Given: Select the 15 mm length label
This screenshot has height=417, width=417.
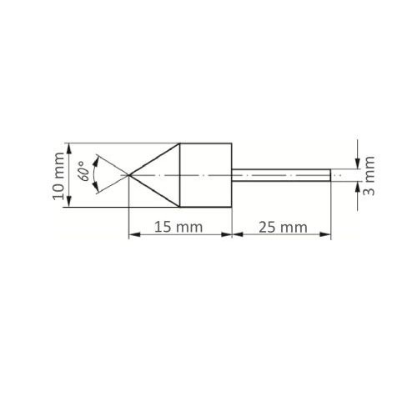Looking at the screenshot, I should tap(178, 226).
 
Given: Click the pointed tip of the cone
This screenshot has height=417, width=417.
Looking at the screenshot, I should tap(128, 174).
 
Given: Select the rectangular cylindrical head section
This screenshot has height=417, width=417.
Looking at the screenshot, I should tap(206, 174).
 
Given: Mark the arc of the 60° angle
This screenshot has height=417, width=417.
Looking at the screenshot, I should tap(98, 174).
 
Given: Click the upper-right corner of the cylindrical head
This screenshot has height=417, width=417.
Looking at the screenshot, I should tap(231, 142).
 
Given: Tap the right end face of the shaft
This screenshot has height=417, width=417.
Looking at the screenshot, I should tap(330, 174).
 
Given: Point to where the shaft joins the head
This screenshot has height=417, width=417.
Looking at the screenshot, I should tap(232, 174).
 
